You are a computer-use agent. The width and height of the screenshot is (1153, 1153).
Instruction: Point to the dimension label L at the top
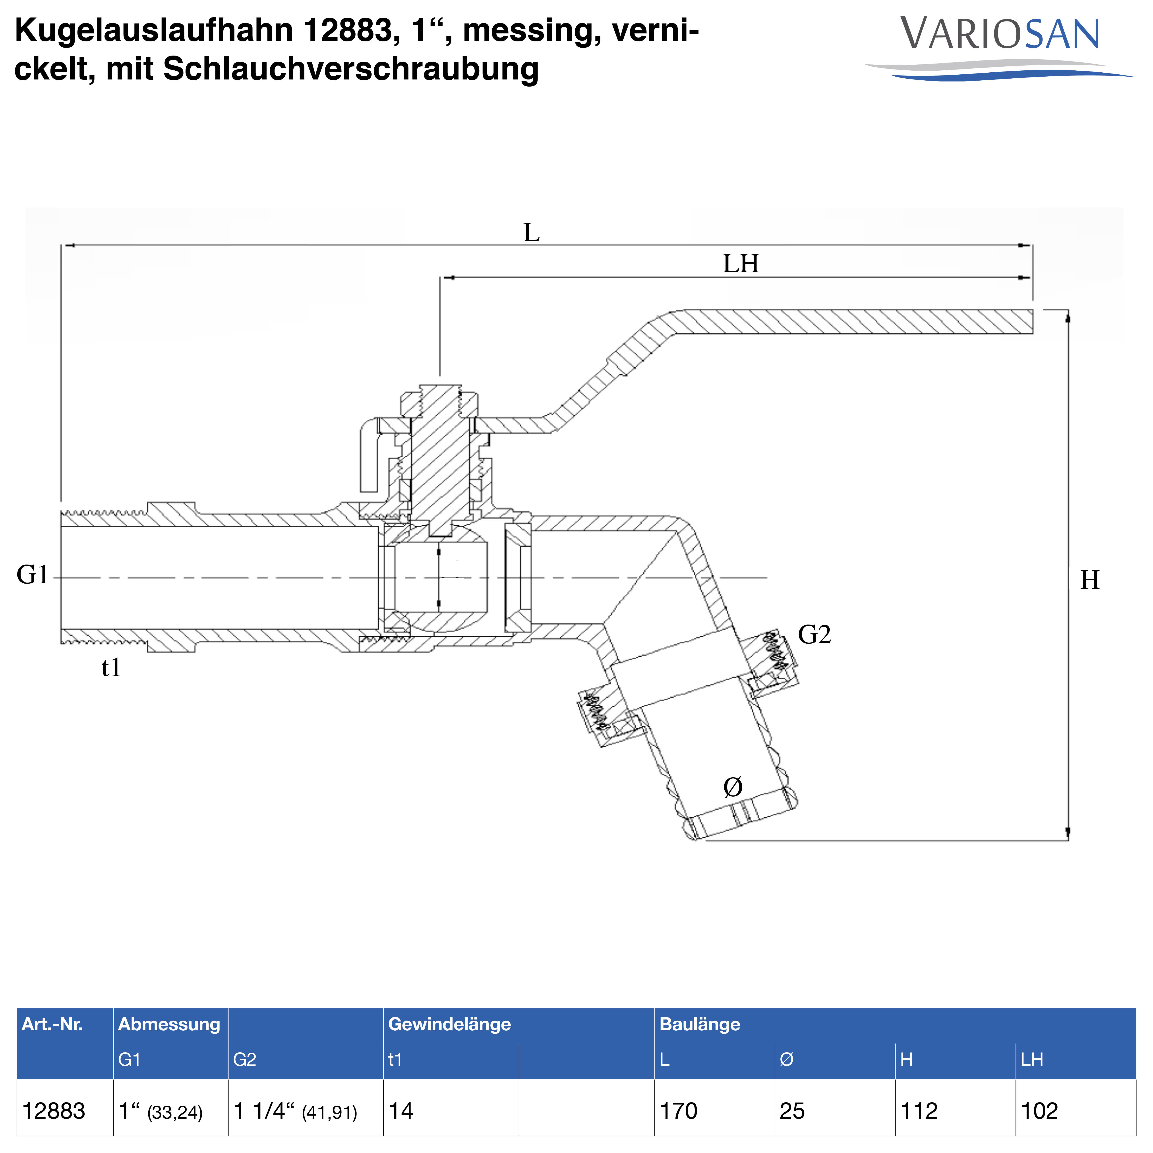(x=531, y=233)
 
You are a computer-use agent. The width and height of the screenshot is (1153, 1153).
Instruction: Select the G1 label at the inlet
(x=32, y=575)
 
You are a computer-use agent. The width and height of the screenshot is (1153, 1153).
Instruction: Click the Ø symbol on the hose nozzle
(x=733, y=787)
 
